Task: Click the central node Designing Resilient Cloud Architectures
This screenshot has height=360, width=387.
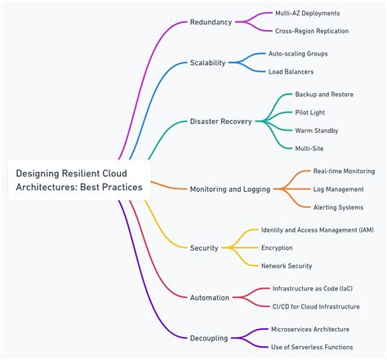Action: [x=79, y=180]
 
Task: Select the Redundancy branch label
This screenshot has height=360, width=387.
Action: [x=211, y=21]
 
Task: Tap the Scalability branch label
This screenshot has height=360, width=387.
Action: [x=208, y=62]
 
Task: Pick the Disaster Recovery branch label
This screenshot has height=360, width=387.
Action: [x=221, y=122]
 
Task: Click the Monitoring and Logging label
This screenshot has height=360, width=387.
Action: [x=229, y=189]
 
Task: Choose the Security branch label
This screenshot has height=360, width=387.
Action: [x=204, y=247]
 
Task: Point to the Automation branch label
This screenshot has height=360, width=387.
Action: [x=210, y=298]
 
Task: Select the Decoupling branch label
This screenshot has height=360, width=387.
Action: [x=209, y=337]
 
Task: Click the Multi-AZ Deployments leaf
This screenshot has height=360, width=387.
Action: [x=308, y=13]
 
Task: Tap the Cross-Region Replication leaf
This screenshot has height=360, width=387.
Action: [x=312, y=31]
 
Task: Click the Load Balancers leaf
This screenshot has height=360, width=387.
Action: [x=291, y=72]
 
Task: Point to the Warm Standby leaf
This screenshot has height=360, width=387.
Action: [x=317, y=131]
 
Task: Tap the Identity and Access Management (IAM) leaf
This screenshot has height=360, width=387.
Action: [x=317, y=230]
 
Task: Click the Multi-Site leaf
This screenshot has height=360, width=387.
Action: [x=309, y=149]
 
